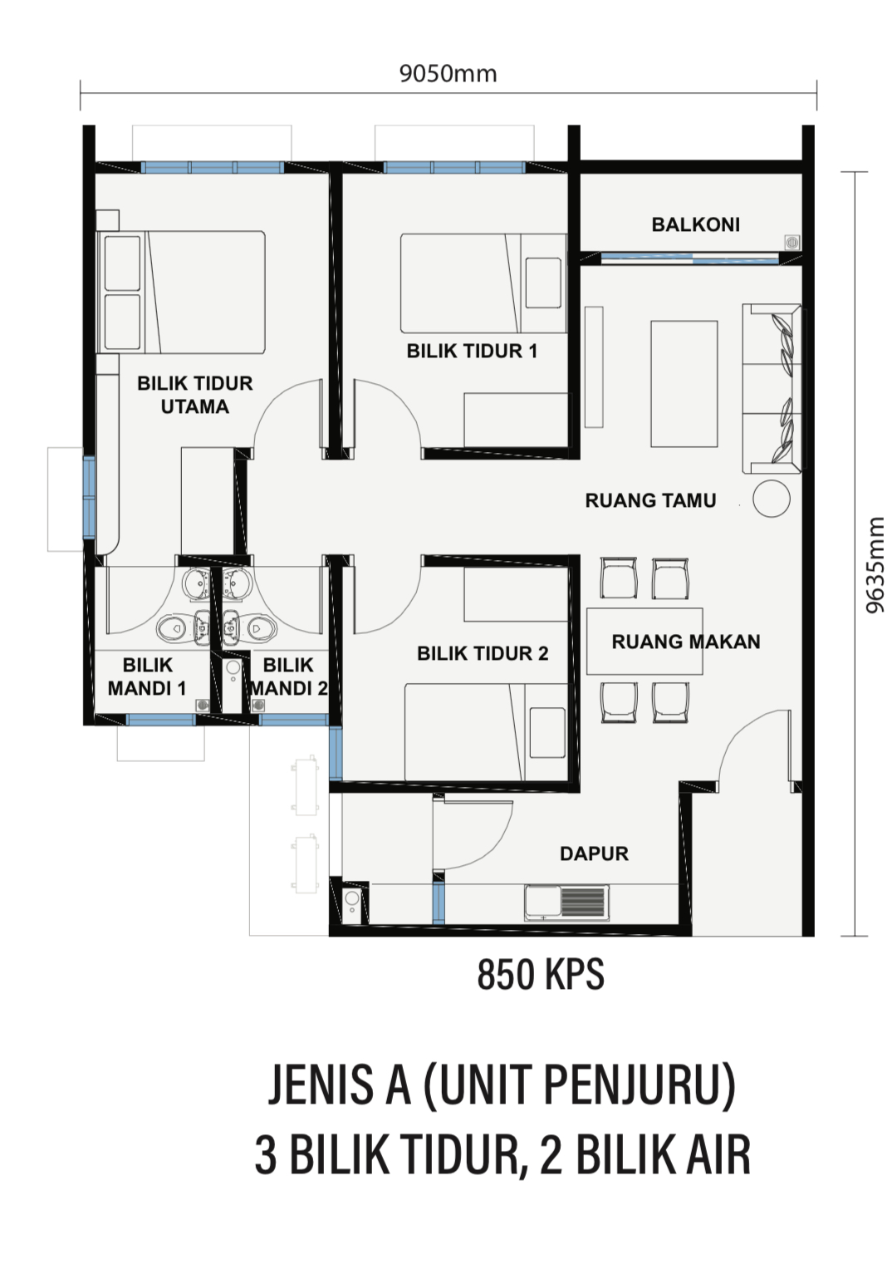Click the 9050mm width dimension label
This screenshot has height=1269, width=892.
[448, 74]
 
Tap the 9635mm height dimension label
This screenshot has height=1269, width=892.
[875, 564]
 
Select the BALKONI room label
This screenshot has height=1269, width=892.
[695, 225]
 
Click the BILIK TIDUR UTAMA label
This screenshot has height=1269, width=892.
[195, 395]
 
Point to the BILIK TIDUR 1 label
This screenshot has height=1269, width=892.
[472, 352]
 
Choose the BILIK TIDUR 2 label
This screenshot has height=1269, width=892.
[483, 653]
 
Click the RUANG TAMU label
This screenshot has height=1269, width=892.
[650, 500]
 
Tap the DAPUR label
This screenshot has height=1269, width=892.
[594, 853]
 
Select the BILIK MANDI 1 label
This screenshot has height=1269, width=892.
[147, 676]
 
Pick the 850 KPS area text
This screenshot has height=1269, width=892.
[541, 975]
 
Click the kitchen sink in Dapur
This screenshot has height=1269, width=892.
[567, 903]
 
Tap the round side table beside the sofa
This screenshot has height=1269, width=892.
[771, 499]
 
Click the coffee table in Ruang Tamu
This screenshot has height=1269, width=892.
[684, 385]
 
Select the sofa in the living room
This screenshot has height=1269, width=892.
[772, 389]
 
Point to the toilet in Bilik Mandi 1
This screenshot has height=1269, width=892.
[170, 628]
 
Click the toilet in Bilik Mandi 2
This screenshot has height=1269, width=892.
[262, 628]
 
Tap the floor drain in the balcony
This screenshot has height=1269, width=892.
[792, 243]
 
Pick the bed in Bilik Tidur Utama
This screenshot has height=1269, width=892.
[181, 292]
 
